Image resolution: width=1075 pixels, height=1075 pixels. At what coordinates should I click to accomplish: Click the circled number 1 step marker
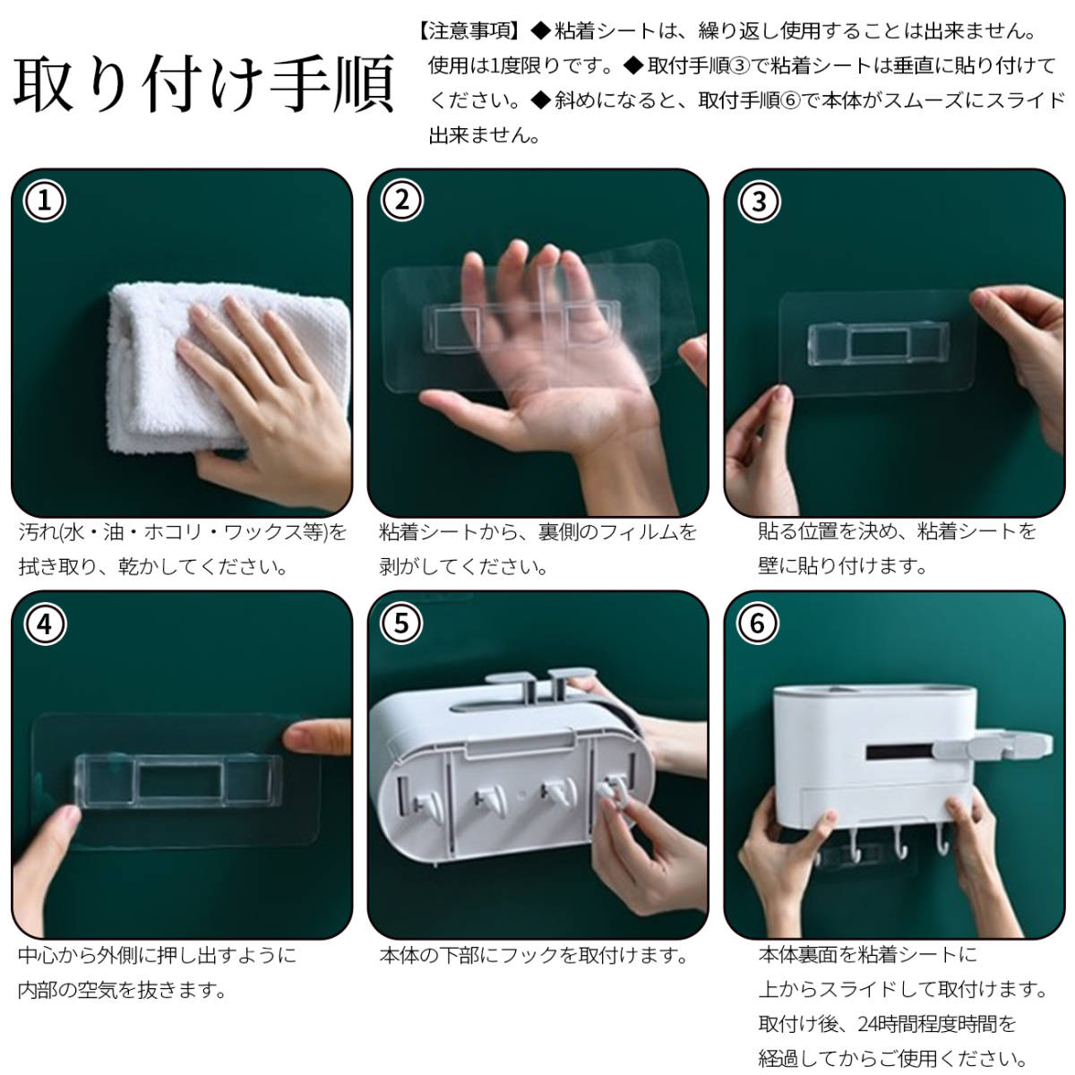tap(45, 201)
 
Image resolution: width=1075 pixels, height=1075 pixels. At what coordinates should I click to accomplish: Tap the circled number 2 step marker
tap(401, 201)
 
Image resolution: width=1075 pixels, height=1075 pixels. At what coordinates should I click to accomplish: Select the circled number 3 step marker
tap(759, 202)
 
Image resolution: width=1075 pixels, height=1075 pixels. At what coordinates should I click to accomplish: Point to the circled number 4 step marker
tap(45, 624)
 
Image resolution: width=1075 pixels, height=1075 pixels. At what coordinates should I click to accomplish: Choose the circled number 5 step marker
tap(401, 623)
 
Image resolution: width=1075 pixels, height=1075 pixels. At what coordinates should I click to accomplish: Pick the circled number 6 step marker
tap(758, 623)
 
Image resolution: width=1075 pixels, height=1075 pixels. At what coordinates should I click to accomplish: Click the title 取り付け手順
tap(204, 83)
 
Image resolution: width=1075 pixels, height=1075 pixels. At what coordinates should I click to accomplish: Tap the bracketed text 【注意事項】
tap(469, 31)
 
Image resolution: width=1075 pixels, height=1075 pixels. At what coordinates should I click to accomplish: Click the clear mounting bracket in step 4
tap(178, 780)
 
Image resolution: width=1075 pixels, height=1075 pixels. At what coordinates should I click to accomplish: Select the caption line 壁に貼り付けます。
tap(842, 565)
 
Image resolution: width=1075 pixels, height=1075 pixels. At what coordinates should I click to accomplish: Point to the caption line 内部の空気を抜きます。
tap(123, 991)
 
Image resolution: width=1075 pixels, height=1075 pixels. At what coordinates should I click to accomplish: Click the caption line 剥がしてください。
tap(463, 567)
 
